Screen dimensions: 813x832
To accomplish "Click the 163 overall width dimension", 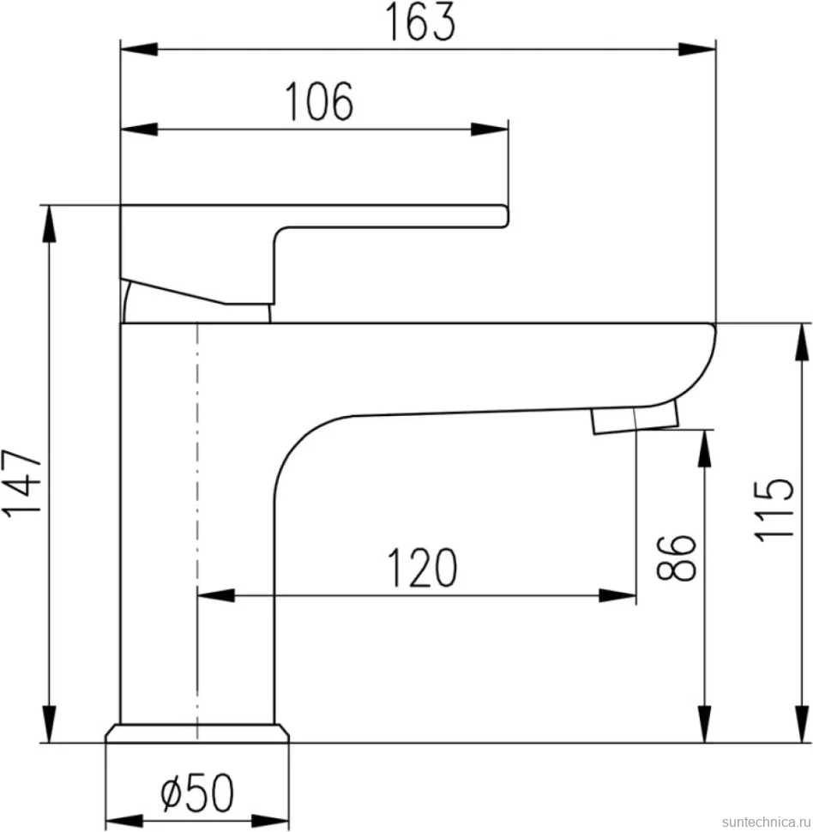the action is (x=419, y=21).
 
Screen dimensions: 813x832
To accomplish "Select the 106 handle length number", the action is (x=319, y=101).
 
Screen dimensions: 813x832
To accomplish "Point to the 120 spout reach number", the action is (x=422, y=568).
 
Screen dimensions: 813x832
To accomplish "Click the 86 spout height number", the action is (x=676, y=558).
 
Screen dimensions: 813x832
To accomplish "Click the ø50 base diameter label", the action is (x=197, y=793).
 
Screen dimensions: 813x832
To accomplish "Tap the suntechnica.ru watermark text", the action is (x=766, y=822).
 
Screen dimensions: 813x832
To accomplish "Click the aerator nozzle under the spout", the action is (x=635, y=417).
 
